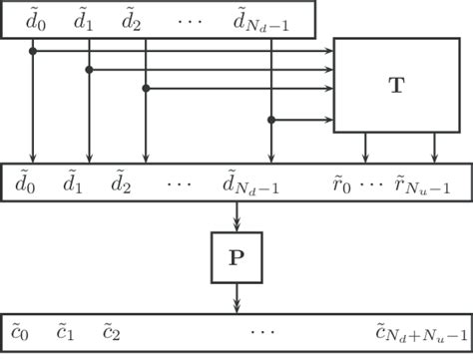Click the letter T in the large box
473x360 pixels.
[x=396, y=86]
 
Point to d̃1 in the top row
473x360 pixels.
[x=88, y=18]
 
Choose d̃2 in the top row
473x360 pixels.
[x=131, y=18]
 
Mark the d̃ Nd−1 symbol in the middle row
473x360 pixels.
[x=256, y=183]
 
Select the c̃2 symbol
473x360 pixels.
[x=111, y=328]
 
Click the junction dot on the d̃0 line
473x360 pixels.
[x=33, y=51]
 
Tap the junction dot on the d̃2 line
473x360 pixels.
[x=146, y=89]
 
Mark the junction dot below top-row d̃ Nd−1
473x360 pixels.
[x=271, y=120]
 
